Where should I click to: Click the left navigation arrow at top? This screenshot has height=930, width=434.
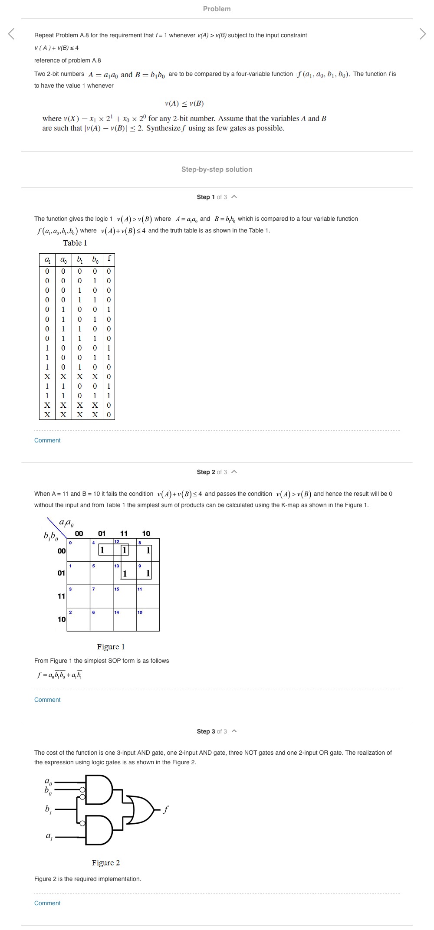(11, 33)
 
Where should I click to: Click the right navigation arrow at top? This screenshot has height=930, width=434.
(423, 33)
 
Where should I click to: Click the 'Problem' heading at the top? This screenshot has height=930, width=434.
(217, 9)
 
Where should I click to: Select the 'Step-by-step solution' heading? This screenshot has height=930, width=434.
(217, 170)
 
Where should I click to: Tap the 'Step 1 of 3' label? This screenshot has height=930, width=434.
(211, 197)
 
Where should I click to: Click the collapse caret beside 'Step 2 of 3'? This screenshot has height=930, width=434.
(234, 472)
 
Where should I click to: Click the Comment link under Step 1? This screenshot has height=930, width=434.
(47, 440)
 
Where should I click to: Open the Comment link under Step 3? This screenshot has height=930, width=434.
(47, 903)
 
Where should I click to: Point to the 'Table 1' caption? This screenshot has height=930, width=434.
(75, 243)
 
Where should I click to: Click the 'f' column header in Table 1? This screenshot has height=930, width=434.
(109, 259)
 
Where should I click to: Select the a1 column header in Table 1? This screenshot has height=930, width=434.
(47, 259)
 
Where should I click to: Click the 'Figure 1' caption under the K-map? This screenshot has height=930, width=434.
(111, 647)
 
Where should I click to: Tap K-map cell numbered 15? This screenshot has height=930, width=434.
(125, 596)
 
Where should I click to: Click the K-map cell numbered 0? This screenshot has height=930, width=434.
(79, 550)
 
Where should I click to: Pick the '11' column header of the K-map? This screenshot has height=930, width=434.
(124, 534)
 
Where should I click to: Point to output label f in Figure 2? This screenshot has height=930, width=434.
(166, 809)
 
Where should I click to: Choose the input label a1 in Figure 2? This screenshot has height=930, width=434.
(49, 835)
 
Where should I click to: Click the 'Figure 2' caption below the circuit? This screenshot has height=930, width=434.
(105, 863)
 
